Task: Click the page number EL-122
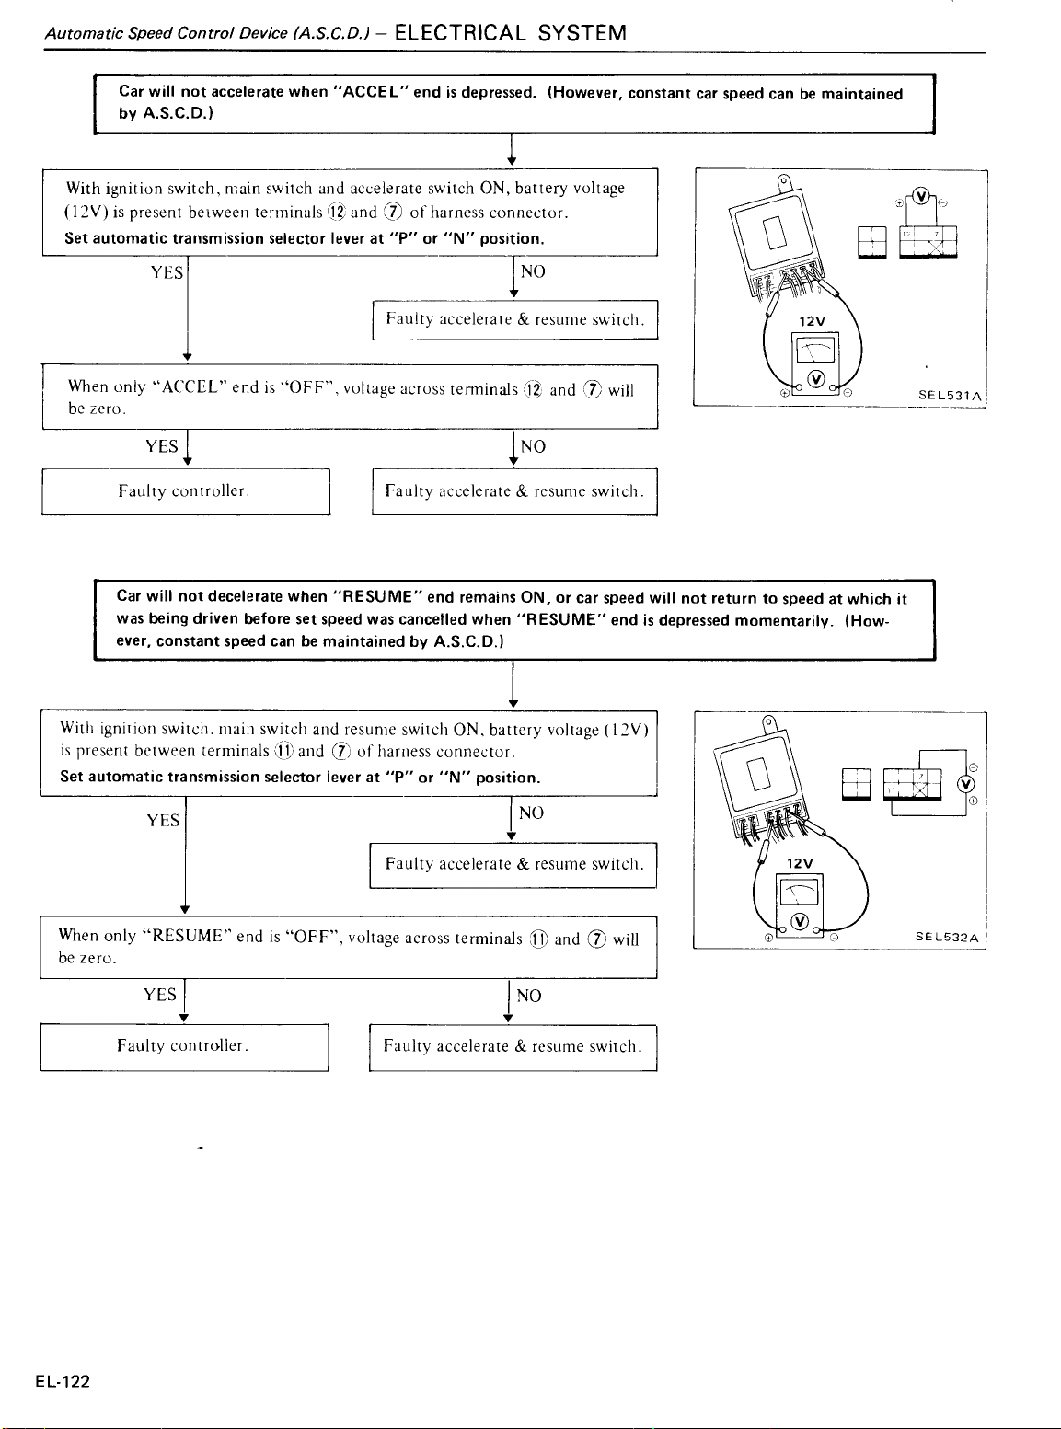click(63, 1381)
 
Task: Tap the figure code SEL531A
click(950, 396)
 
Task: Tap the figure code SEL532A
click(947, 938)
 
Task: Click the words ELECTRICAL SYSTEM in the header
click(510, 33)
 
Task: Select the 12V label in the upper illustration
click(812, 321)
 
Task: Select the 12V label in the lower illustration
click(800, 863)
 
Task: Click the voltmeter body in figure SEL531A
click(815, 363)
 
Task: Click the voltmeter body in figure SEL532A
click(800, 905)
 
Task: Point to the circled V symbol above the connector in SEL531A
click(921, 195)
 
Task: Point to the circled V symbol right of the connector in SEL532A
click(965, 784)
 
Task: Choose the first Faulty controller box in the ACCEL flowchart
click(186, 491)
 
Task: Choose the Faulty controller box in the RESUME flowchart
click(184, 1047)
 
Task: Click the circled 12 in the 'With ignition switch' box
click(337, 212)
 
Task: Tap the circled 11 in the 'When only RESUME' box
click(538, 939)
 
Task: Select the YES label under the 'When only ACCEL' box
click(161, 446)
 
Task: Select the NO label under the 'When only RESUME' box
click(529, 996)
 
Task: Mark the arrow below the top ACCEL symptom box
click(511, 149)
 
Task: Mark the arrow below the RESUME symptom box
click(513, 685)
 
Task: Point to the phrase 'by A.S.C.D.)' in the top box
click(166, 113)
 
